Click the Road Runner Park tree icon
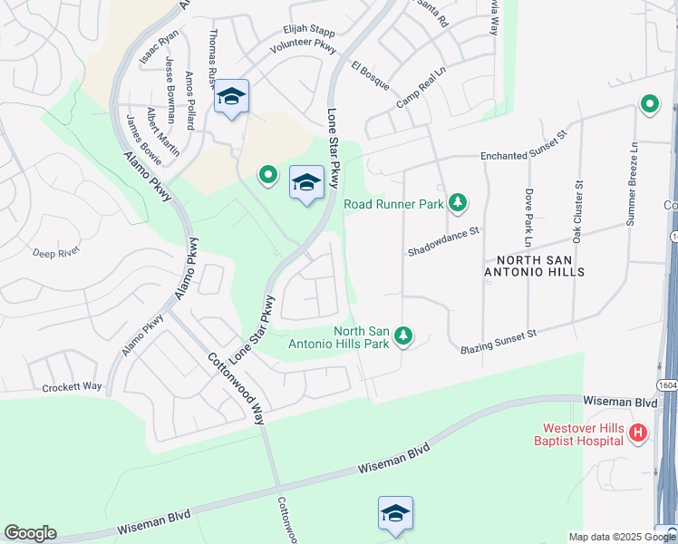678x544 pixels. (x=459, y=203)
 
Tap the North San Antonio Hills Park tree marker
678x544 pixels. (x=404, y=336)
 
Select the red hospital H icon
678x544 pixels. (x=638, y=434)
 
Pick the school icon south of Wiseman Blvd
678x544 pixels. (x=395, y=513)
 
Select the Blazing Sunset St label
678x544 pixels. (x=499, y=341)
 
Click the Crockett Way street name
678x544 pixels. (x=73, y=386)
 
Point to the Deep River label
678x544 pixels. (x=56, y=253)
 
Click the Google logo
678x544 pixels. (x=30, y=533)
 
